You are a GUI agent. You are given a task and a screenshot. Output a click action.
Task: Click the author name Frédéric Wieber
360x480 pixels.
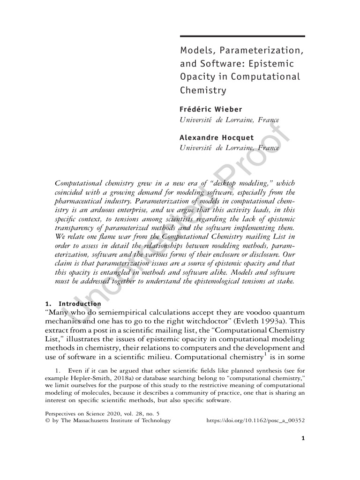pos(211,109)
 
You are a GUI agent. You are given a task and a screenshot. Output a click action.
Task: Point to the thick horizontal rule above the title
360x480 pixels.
pos(242,36)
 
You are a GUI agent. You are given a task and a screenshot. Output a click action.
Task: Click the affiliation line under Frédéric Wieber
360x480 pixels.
pos(229,120)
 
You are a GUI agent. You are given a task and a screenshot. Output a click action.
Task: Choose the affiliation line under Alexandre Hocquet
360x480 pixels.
pos(229,148)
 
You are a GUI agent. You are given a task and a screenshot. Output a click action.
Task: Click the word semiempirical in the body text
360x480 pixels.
pos(122,313)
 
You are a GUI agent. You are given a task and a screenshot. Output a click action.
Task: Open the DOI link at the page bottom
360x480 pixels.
pos(255,420)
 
